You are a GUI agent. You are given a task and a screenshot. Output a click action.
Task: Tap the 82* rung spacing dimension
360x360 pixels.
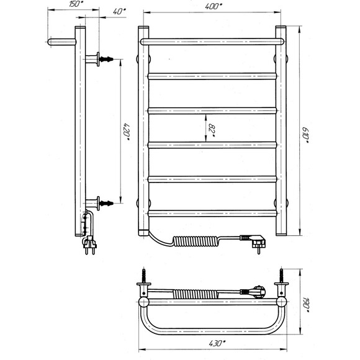[x=212, y=128]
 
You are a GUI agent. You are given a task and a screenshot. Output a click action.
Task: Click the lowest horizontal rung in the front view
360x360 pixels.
[x=212, y=214]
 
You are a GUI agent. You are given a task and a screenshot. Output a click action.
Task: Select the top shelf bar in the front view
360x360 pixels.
[x=212, y=42]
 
